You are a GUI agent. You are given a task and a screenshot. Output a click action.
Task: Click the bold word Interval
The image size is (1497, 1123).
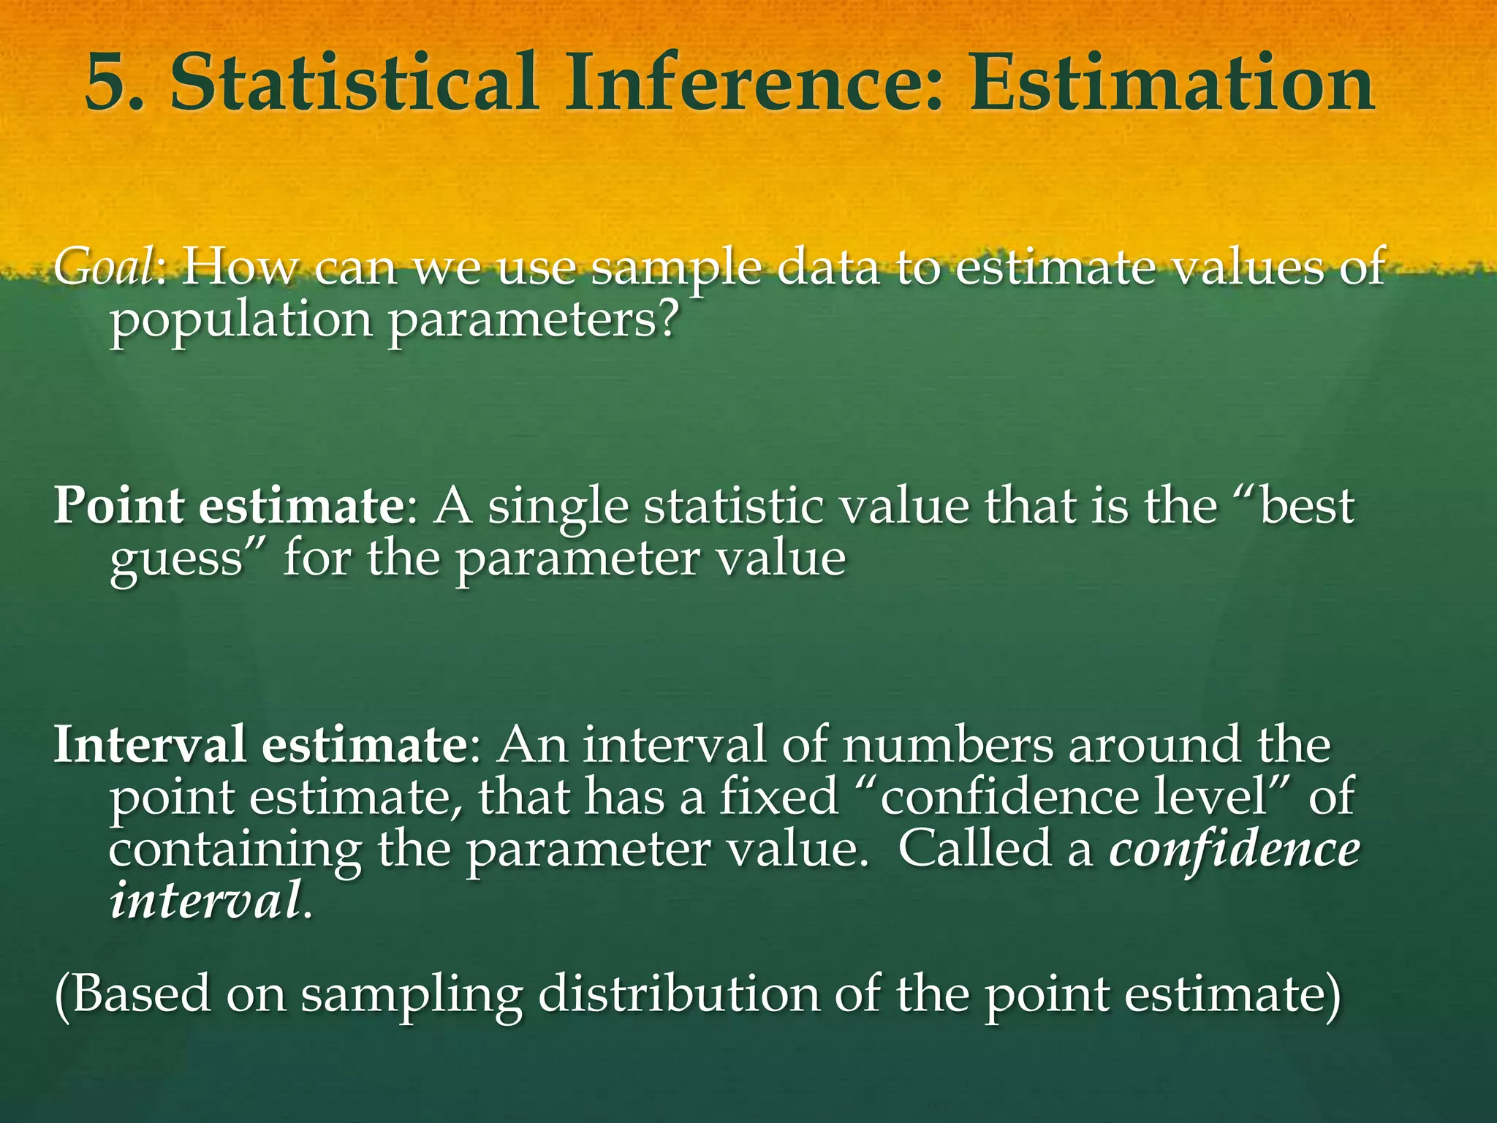click(x=151, y=745)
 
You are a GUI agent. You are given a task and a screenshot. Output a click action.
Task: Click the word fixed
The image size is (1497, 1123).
click(x=778, y=796)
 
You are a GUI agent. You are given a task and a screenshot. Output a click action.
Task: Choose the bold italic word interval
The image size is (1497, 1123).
click(x=205, y=900)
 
